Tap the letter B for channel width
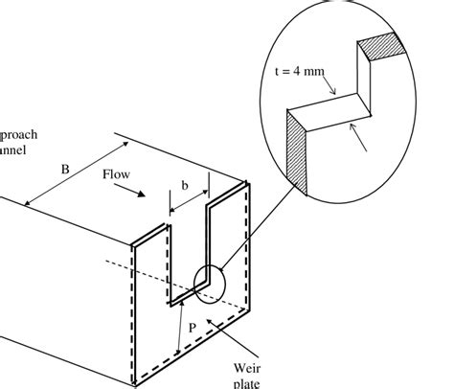(65, 170)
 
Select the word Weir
(247, 366)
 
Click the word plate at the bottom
(247, 382)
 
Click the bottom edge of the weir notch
(187, 303)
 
